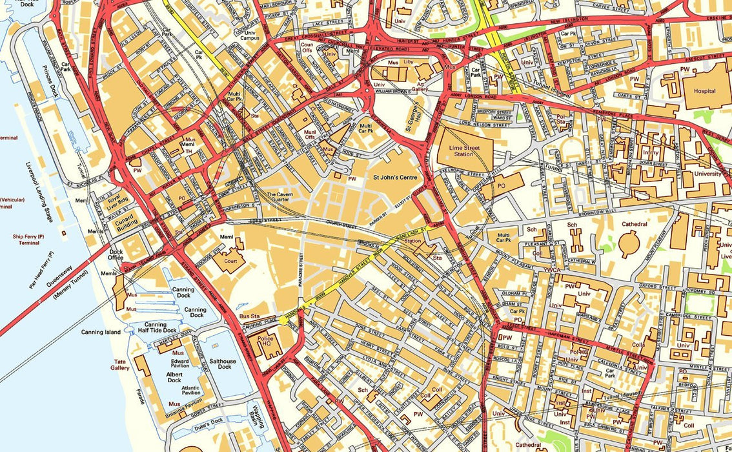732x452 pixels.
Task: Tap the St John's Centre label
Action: click(395, 177)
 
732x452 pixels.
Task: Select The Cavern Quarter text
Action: click(280, 197)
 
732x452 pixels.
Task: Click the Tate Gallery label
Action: click(120, 364)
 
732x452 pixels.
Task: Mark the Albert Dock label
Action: click(174, 376)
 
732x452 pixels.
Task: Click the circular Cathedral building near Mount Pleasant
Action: click(629, 245)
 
